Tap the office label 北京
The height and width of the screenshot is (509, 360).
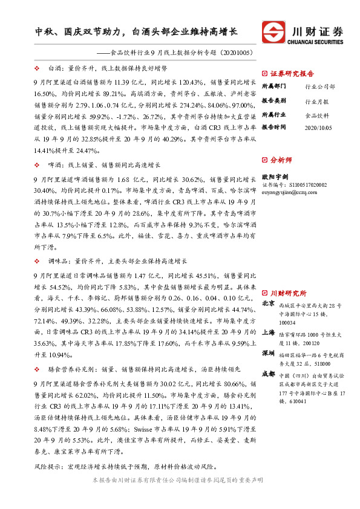coord(269,303)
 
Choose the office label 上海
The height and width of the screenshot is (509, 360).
coord(269,332)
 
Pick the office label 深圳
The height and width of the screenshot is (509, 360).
coord(269,352)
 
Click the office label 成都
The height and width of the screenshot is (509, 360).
coord(269,374)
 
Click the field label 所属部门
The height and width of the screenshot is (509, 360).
coord(274,86)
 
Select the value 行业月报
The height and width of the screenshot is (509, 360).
coord(317,100)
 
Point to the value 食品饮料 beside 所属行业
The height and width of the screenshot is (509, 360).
coord(317,114)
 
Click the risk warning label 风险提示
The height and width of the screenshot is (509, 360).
coord(50,467)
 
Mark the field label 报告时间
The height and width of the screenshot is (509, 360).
coord(274,128)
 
